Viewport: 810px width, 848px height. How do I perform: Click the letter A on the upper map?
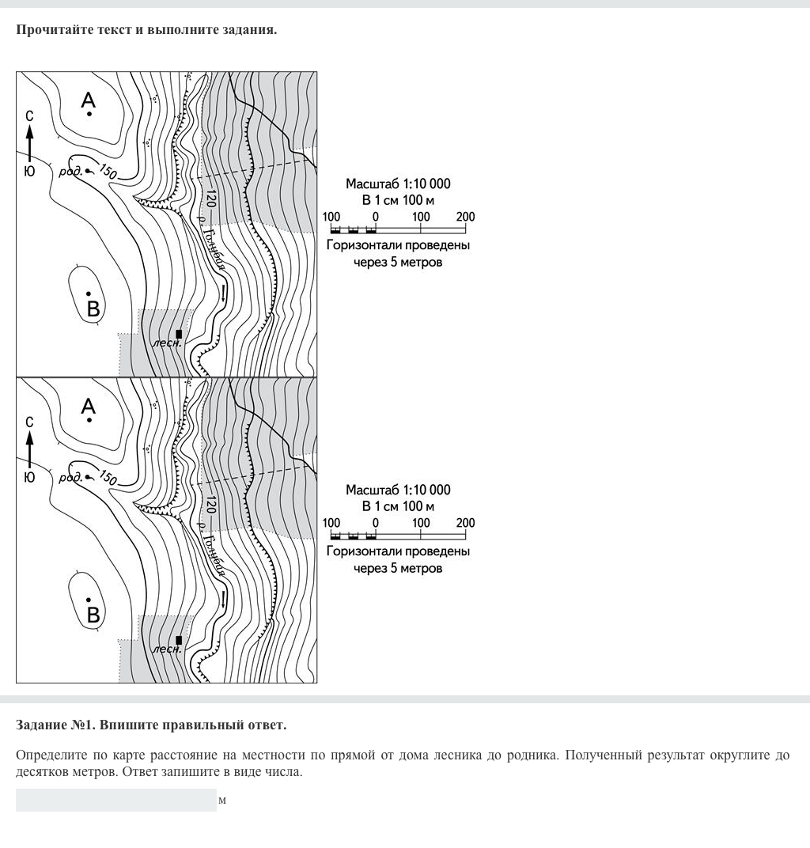[x=89, y=100]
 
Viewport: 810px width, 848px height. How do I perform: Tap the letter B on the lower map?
[x=93, y=615]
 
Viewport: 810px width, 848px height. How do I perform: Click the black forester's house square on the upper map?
[x=179, y=334]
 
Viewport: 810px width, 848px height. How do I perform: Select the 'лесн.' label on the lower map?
[x=166, y=649]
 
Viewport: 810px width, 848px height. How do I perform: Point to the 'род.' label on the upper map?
[x=70, y=171]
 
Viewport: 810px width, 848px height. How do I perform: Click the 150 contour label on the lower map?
[x=108, y=479]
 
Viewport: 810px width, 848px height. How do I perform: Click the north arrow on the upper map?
[x=29, y=143]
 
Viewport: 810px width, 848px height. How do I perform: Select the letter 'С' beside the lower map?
[x=29, y=422]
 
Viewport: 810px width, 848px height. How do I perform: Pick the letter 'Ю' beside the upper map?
[x=29, y=171]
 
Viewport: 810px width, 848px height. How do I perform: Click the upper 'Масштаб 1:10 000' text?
[x=398, y=184]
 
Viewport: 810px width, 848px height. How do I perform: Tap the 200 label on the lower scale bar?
[x=465, y=523]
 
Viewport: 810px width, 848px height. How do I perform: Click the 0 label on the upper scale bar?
[x=376, y=217]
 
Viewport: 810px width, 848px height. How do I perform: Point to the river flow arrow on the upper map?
[x=225, y=293]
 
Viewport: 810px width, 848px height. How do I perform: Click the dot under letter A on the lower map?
[x=89, y=420]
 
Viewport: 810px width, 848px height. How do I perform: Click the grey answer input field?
[x=115, y=800]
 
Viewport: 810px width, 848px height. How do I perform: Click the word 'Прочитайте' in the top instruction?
[x=53, y=30]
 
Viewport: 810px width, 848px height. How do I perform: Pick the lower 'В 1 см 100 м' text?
[x=398, y=506]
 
